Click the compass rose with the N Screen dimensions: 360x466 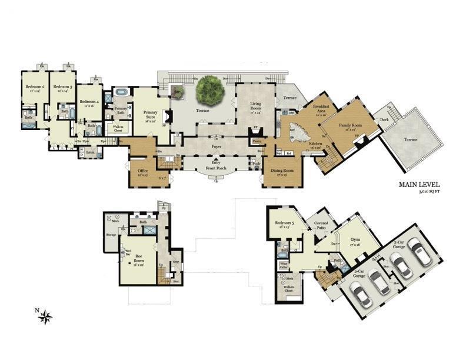pos(45,316)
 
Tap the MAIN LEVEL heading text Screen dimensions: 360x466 pos(420,185)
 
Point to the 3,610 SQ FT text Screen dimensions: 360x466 pos(430,192)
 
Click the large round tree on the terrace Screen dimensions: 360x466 pos(209,89)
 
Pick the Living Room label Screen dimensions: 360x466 pos(251,106)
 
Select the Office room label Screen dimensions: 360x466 pos(143,172)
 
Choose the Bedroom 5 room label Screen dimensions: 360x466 pos(284,225)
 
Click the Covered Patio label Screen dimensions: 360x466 pos(322,225)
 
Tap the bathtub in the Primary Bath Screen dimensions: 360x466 pos(122,92)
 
